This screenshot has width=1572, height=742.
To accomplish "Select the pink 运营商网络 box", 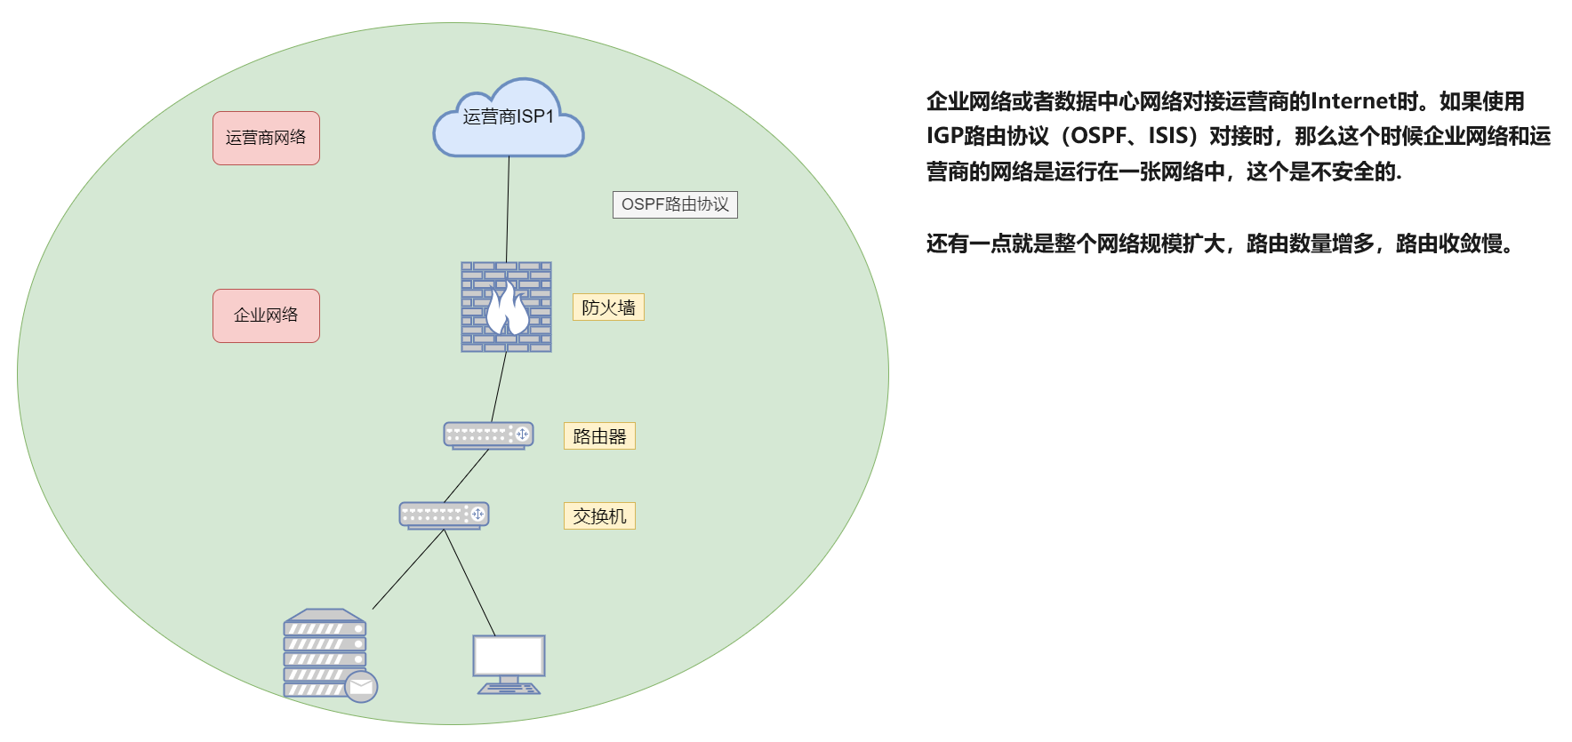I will pyautogui.click(x=266, y=138).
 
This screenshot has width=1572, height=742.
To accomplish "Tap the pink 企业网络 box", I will pyautogui.click(x=266, y=315).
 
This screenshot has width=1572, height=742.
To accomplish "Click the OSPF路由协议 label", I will pyautogui.click(x=675, y=204).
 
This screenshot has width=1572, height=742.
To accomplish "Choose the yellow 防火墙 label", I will pyautogui.click(x=608, y=307).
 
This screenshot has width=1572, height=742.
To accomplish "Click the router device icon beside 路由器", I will pyautogui.click(x=488, y=435).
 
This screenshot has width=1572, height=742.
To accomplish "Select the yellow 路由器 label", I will pyautogui.click(x=599, y=436).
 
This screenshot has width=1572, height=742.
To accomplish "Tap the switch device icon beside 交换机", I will pyautogui.click(x=444, y=515).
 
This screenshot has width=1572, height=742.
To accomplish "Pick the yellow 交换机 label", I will pyautogui.click(x=599, y=516).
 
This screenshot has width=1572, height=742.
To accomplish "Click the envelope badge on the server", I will pyautogui.click(x=361, y=686).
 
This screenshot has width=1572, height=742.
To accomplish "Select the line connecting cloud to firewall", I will pyautogui.click(x=508, y=209).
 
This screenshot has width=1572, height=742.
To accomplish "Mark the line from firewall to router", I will pyautogui.click(x=499, y=387).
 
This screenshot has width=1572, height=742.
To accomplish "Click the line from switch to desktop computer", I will pyautogui.click(x=469, y=582).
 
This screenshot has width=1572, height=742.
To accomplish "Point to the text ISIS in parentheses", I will pyautogui.click(x=1167, y=136).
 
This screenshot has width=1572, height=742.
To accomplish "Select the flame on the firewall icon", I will pyautogui.click(x=507, y=308).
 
